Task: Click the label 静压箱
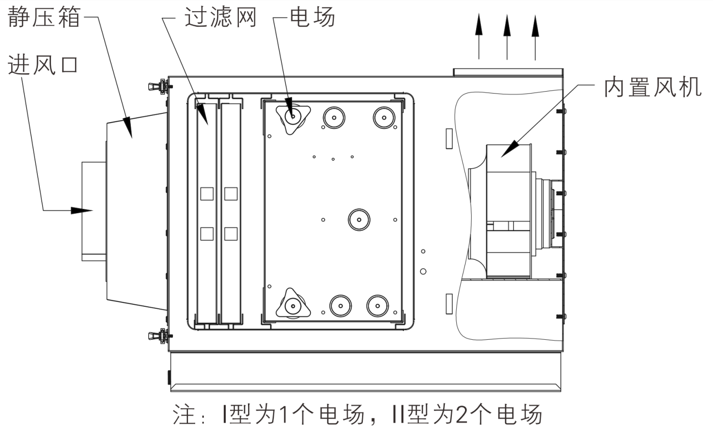pyautogui.click(x=44, y=18)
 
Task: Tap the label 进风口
pyautogui.click(x=43, y=65)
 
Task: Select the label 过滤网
pyautogui.click(x=220, y=18)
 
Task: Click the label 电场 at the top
pyautogui.click(x=312, y=18)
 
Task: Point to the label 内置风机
pyautogui.click(x=652, y=88)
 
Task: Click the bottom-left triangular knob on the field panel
pyautogui.click(x=292, y=306)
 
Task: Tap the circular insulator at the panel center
pyautogui.click(x=359, y=220)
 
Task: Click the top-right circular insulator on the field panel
pyautogui.click(x=384, y=117)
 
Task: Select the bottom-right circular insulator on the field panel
pyautogui.click(x=378, y=305)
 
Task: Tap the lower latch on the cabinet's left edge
pyautogui.click(x=158, y=335)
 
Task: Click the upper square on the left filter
pyautogui.click(x=207, y=194)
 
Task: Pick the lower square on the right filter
pyautogui.click(x=231, y=234)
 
